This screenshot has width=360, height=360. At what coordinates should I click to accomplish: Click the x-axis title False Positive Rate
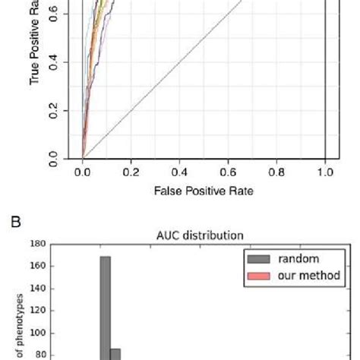(x=203, y=191)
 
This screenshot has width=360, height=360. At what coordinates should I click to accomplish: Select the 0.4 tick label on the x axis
(x=179, y=172)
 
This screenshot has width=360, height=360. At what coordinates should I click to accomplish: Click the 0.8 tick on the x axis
(x=276, y=172)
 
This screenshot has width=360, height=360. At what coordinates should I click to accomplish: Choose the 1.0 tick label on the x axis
(x=325, y=172)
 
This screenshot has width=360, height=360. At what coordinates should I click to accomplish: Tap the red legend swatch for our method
(x=251, y=275)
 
